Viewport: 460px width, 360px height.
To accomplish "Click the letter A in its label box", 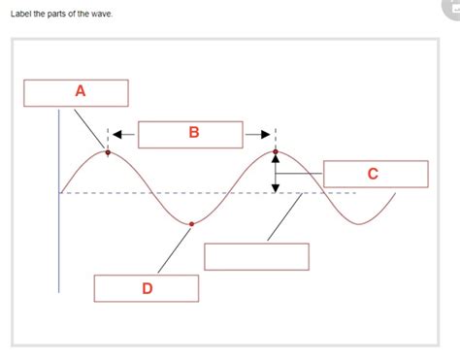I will click(80, 91).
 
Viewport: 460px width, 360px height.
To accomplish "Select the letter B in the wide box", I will click(194, 134).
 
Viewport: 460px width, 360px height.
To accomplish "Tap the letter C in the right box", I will click(374, 174).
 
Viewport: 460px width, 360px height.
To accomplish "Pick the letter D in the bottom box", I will click(147, 288).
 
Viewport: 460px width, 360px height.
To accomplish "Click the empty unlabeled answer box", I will click(256, 256).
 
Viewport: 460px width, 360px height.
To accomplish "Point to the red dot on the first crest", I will click(108, 152).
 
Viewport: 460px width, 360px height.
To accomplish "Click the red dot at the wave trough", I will click(191, 224).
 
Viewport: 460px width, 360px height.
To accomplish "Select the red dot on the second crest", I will click(276, 151).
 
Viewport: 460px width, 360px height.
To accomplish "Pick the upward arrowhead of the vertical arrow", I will click(276, 159).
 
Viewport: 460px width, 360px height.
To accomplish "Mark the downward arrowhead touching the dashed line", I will click(276, 187).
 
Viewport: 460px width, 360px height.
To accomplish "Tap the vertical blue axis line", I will click(59, 213).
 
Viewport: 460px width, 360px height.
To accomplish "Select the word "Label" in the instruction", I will click(20, 14).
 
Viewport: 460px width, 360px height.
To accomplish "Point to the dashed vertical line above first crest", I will click(108, 138).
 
